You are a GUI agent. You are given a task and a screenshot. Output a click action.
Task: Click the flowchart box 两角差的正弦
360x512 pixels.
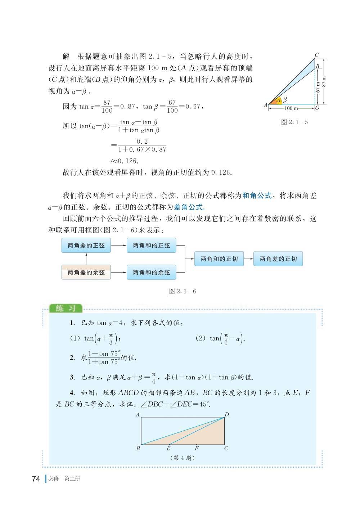(86, 246)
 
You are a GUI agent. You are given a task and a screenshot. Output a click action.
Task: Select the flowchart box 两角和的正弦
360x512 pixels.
(151, 246)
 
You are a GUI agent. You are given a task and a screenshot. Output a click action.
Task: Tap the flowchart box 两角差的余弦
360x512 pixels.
(86, 273)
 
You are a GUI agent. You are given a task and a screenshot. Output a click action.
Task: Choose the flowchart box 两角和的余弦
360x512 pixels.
(151, 273)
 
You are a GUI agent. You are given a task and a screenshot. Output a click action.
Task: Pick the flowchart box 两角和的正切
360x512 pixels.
(219, 259)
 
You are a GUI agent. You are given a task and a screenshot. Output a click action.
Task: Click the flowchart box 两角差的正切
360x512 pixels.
(278, 259)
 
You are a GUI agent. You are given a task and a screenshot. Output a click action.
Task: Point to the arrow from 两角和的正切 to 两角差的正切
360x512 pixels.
(248, 259)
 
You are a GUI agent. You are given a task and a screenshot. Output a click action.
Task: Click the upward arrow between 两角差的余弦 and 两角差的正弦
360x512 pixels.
(86, 259)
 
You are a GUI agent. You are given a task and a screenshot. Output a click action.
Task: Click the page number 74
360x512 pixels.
(36, 479)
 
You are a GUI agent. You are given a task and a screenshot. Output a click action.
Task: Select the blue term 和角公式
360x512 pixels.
(257, 196)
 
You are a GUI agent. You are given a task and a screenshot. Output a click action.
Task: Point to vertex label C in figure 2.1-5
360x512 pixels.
(317, 55)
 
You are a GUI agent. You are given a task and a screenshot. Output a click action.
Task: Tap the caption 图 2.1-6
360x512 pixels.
(183, 291)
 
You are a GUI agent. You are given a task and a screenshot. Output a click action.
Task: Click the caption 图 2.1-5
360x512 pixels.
(294, 122)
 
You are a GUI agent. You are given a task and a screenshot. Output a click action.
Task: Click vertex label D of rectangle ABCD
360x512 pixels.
(227, 415)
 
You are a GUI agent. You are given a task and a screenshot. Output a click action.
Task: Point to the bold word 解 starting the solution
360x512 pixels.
(66, 57)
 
